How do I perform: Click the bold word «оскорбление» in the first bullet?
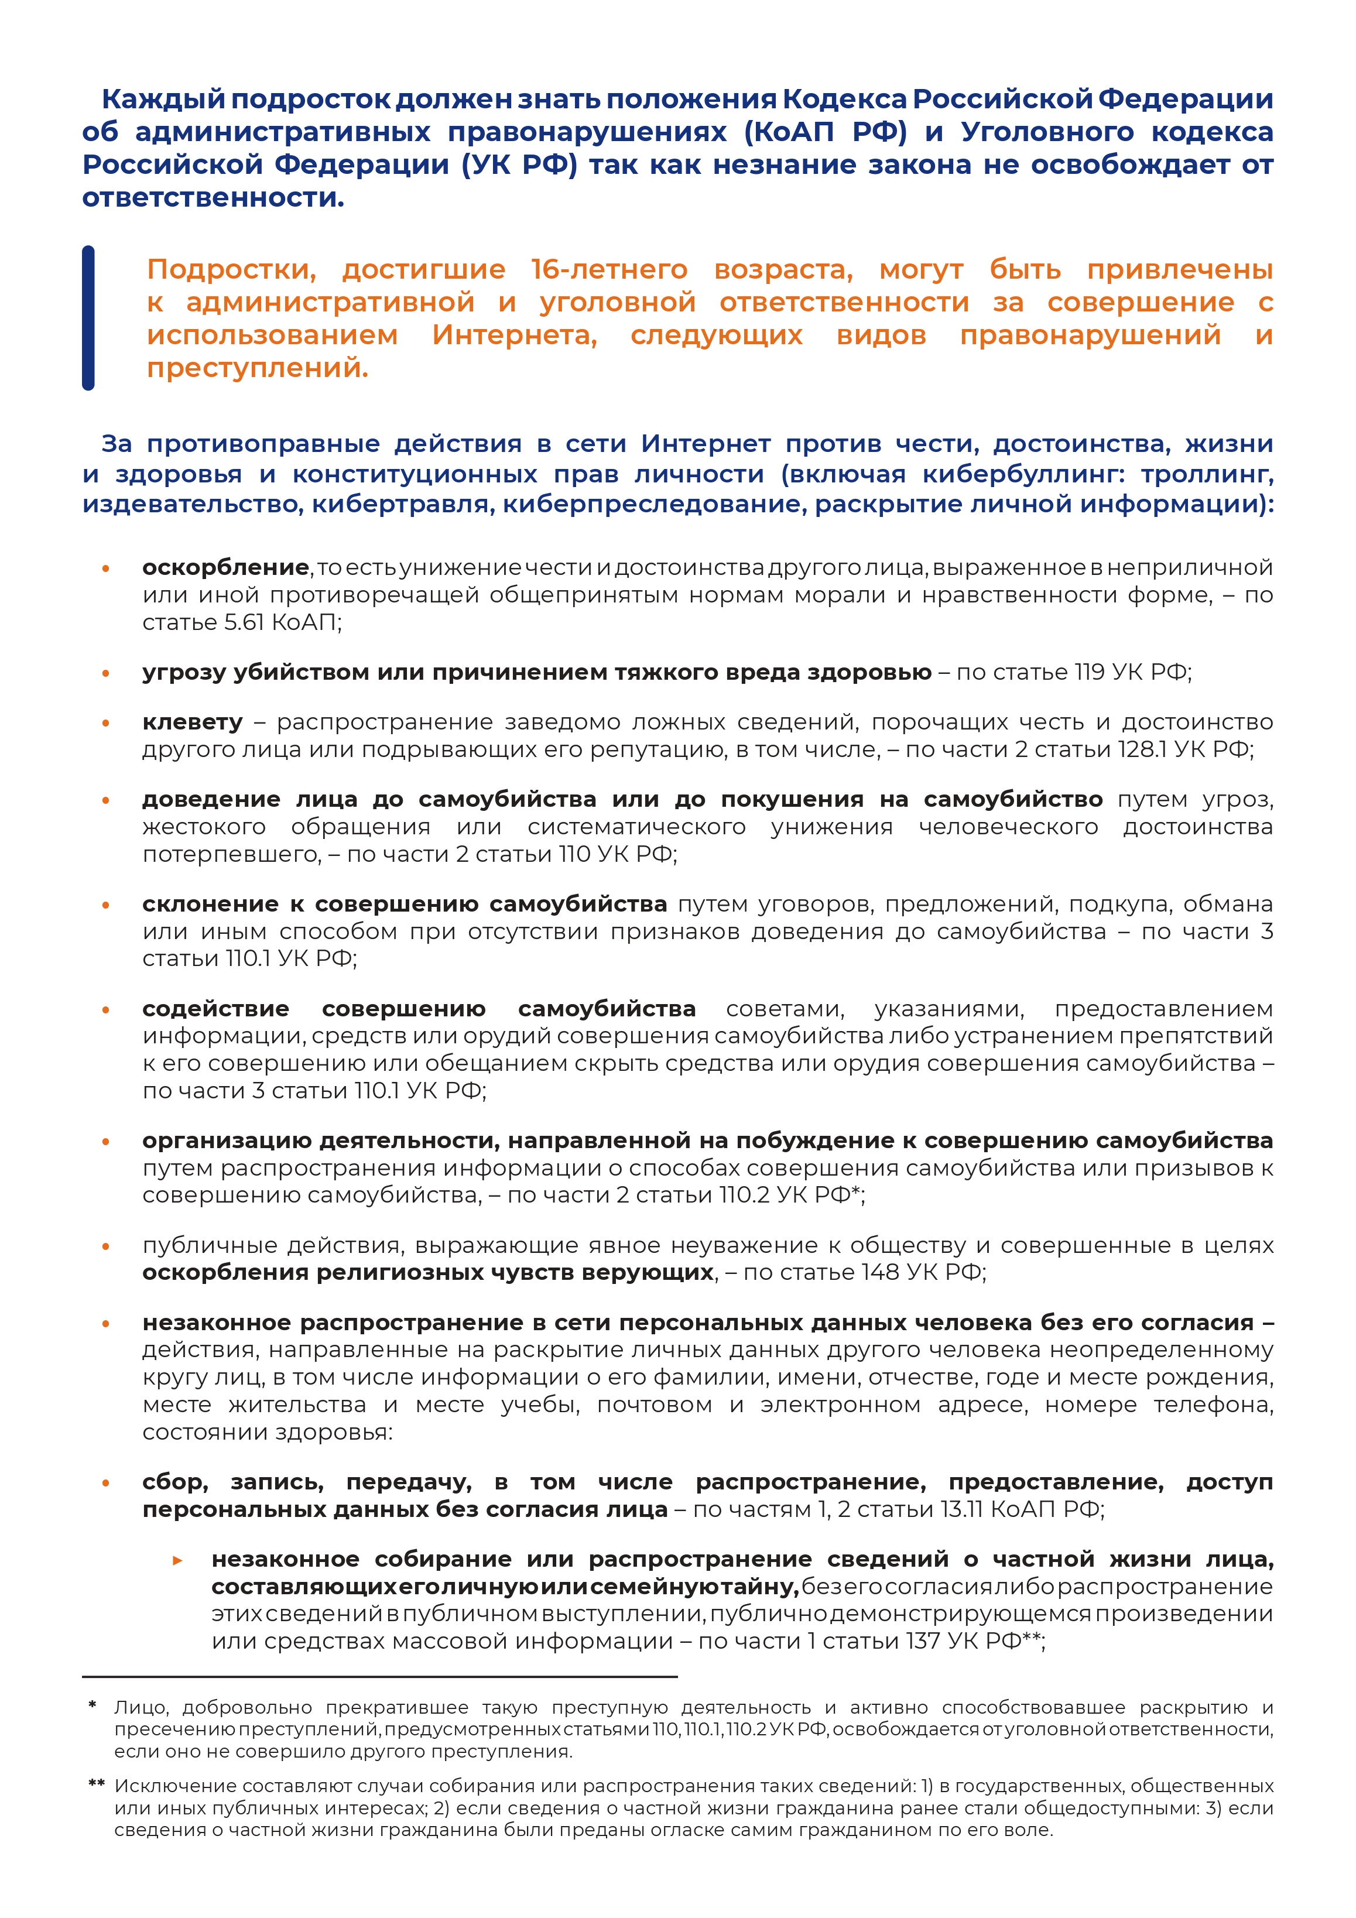tap(225, 567)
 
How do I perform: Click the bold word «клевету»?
tap(192, 722)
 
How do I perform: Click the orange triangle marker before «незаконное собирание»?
tap(178, 1560)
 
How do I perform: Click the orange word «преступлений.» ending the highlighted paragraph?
tap(258, 368)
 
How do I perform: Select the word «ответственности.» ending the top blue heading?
tap(213, 198)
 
